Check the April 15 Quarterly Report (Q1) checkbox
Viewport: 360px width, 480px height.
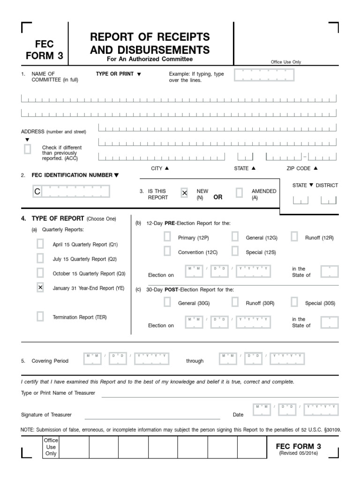(40, 244)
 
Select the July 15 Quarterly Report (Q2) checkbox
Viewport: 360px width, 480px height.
(40, 258)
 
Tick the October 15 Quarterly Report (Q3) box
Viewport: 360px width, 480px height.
(40, 273)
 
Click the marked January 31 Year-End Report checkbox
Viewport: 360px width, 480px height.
(40, 288)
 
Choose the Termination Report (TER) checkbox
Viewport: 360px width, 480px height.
(40, 316)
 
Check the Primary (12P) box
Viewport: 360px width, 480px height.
(167, 237)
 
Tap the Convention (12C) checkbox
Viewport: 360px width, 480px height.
(167, 252)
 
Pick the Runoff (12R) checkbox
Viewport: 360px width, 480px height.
(294, 237)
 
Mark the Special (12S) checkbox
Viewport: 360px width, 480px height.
(235, 252)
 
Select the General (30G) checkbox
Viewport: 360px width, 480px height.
(167, 302)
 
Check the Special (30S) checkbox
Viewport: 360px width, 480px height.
(294, 302)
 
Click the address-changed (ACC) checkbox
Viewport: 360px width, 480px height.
(28, 149)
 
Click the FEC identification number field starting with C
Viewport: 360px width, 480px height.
(71, 191)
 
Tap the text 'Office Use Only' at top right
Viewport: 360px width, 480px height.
(286, 62)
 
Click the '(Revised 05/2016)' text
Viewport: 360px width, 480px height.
(298, 454)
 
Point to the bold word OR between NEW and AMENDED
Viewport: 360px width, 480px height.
(218, 197)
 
